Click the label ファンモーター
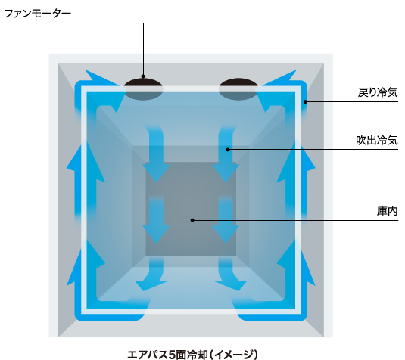tap(37, 14)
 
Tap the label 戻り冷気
tap(378, 92)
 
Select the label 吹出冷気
tap(377, 140)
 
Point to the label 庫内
tap(387, 211)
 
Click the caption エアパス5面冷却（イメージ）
tap(193, 354)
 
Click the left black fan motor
tap(143, 89)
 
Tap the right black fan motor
tap(238, 89)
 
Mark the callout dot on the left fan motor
tap(143, 76)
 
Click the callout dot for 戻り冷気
tap(305, 101)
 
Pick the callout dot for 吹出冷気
tap(228, 150)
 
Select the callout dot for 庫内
tap(192, 220)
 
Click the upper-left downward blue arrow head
tap(156, 172)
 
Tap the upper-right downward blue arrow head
tap(226, 172)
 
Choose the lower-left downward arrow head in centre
tap(156, 234)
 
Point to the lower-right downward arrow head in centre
tap(226, 234)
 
